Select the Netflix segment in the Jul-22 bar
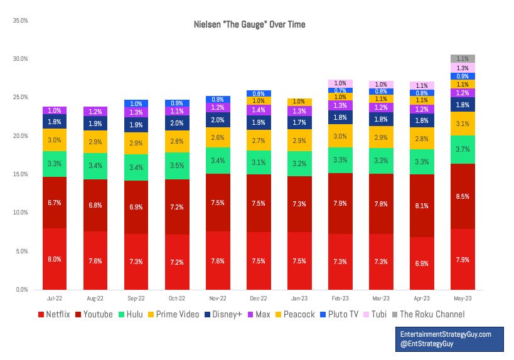pyautogui.click(x=55, y=258)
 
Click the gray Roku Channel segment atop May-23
pyautogui.click(x=463, y=58)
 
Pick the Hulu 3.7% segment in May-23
pyautogui.click(x=463, y=149)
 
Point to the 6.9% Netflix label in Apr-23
pyautogui.click(x=422, y=263)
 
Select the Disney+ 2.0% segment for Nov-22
pyautogui.click(x=218, y=120)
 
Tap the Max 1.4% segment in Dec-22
pyautogui.click(x=259, y=109)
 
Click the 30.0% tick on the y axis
pyautogui.click(x=21, y=59)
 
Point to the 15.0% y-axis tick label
pyautogui.click(x=21, y=174)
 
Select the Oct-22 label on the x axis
pyautogui.click(x=177, y=299)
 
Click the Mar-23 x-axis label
pyautogui.click(x=381, y=299)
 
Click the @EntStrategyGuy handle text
pyautogui.click(x=426, y=344)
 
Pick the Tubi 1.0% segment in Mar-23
pyautogui.click(x=381, y=84)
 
